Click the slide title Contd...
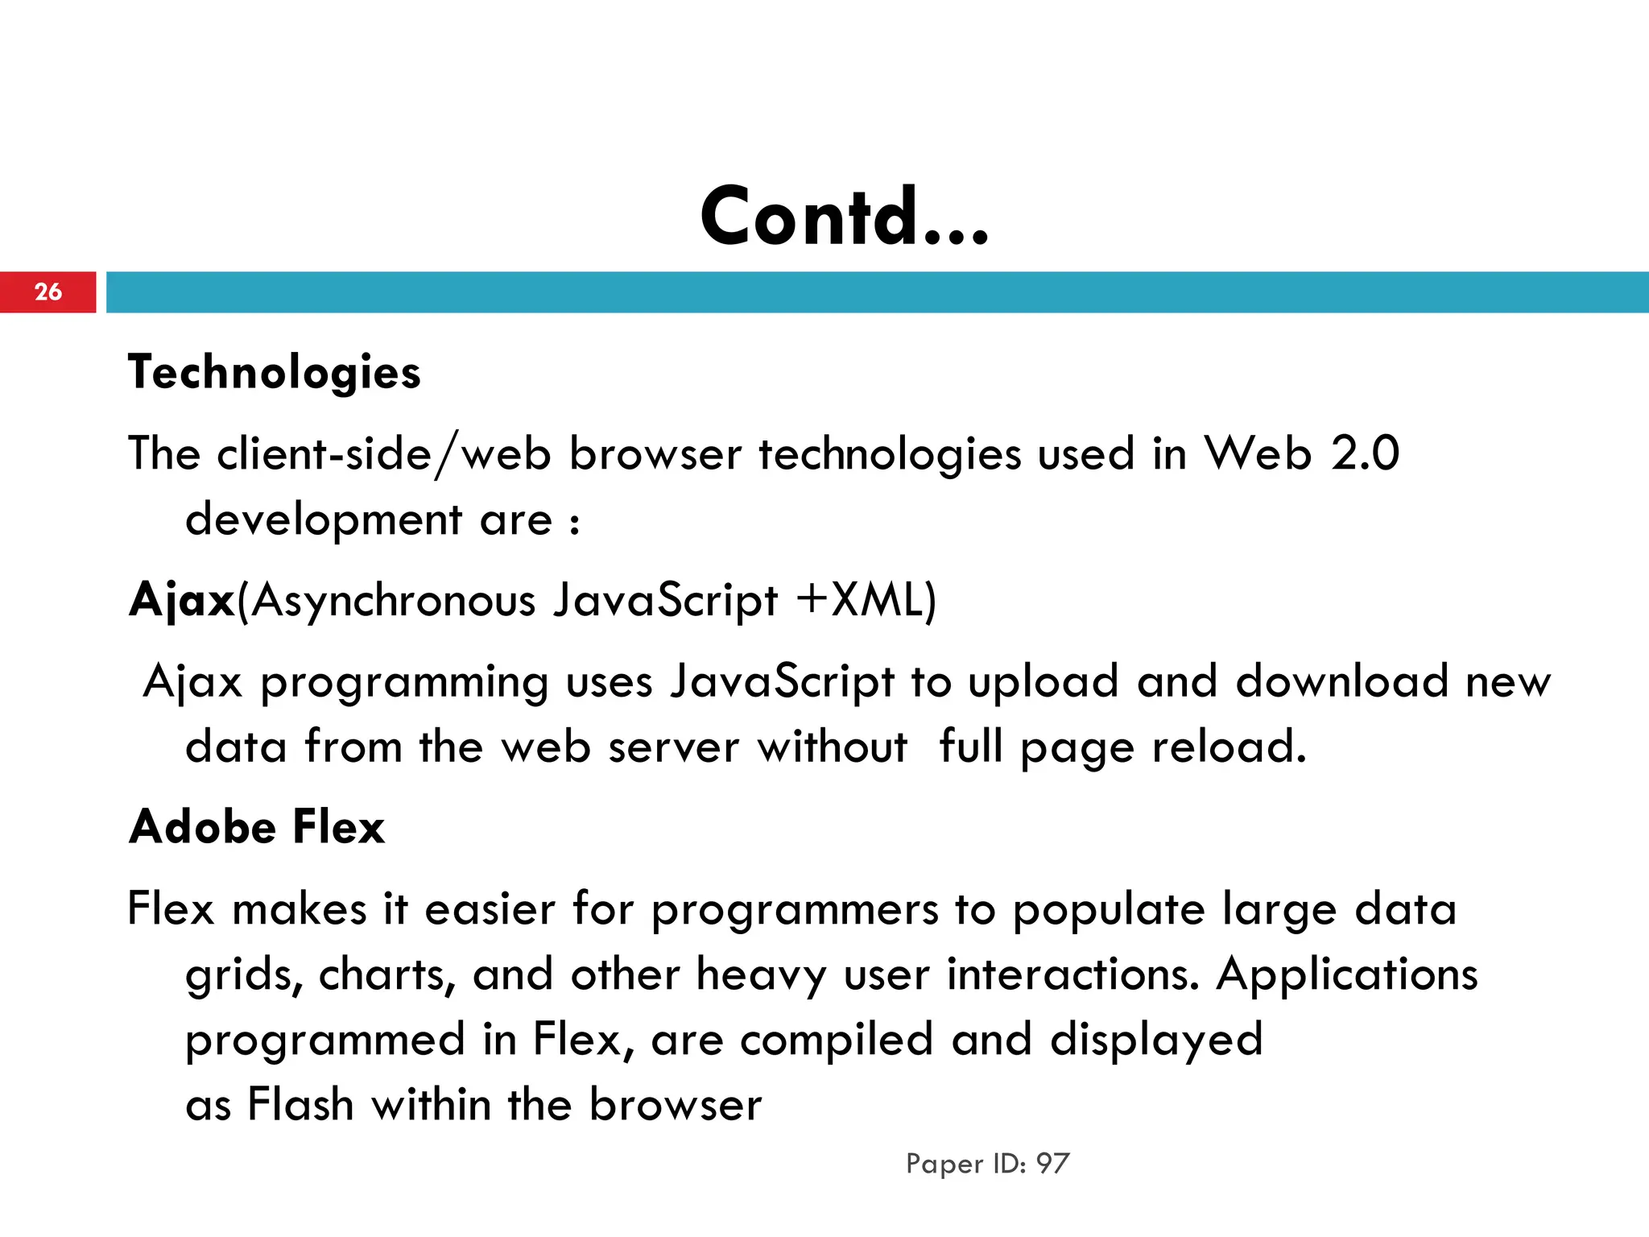click(x=844, y=216)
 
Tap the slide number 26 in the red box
click(x=48, y=292)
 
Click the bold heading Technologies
click(x=275, y=372)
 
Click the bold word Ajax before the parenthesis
click(x=182, y=601)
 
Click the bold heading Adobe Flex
click(x=257, y=827)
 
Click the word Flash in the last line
click(x=300, y=1104)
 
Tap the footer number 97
click(x=1052, y=1164)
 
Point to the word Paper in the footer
click(x=944, y=1165)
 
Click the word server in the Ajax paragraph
click(x=673, y=747)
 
